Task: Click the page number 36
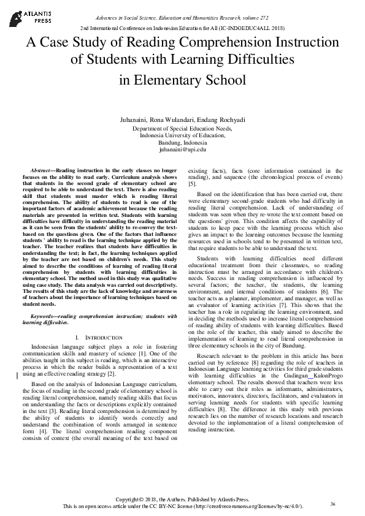click(x=332, y=504)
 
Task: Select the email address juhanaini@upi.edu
click(x=182, y=149)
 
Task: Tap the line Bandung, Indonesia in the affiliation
click(x=182, y=142)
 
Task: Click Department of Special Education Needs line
click(x=182, y=129)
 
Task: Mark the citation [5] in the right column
click(x=192, y=183)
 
